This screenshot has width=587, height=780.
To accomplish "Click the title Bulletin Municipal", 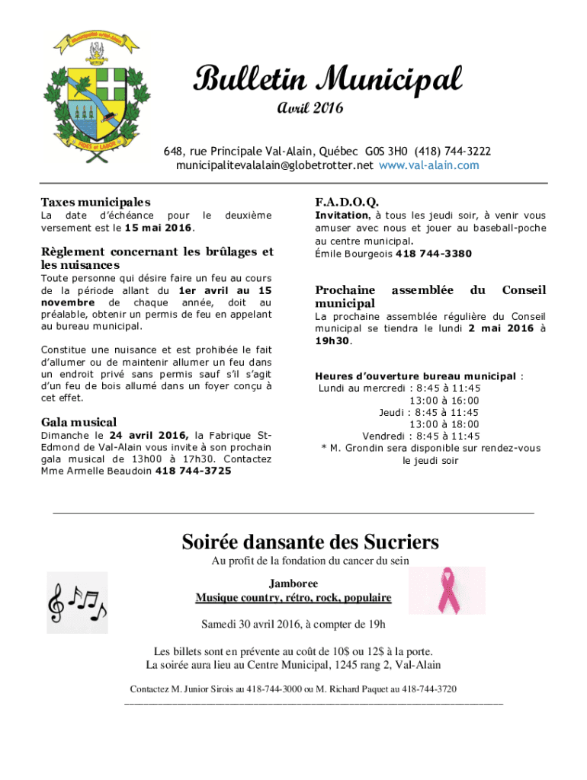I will (328, 78).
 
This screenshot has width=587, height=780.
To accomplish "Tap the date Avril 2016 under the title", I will (310, 108).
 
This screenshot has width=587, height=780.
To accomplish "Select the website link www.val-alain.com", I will (429, 165).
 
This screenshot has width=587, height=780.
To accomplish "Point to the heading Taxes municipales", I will (95, 203).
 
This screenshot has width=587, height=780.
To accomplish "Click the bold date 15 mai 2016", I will (158, 228).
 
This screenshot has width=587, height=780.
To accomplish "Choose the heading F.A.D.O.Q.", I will (347, 203).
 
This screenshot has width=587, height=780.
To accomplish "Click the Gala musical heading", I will (79, 422).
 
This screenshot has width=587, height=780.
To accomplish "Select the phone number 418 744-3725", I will (194, 471).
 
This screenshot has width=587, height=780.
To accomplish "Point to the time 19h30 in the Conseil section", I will (332, 341).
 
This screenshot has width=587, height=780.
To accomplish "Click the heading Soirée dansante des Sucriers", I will (310, 542).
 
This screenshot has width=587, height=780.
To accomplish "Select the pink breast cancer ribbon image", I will (447, 590).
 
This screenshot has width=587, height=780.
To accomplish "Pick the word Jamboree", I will (293, 583).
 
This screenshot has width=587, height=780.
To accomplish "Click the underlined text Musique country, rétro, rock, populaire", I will (293, 598).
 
